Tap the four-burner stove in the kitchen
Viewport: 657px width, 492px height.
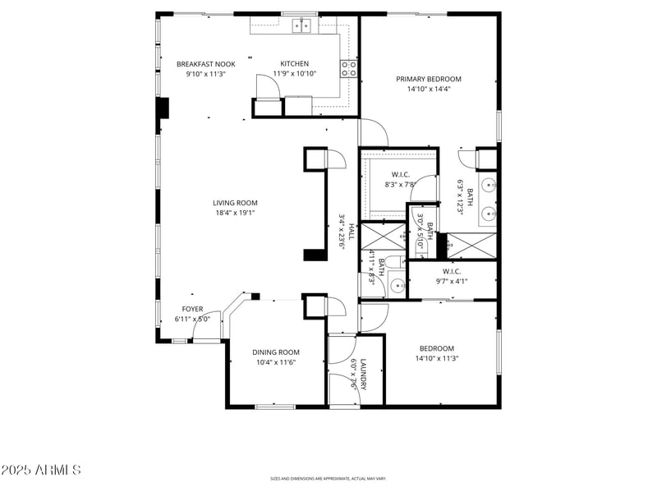[349, 68]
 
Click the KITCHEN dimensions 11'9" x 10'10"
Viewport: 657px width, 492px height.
[295, 73]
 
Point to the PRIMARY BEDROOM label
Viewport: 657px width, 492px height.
[429, 80]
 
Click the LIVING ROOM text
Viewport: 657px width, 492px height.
[236, 203]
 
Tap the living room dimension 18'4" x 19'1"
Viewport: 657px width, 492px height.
[236, 213]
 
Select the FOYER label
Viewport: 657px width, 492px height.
[192, 310]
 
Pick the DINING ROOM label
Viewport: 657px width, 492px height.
[275, 352]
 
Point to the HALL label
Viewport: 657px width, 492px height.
[351, 232]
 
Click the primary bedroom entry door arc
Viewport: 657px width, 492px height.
[374, 131]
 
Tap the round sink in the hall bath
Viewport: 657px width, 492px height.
[397, 286]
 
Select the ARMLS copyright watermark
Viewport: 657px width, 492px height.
[41, 471]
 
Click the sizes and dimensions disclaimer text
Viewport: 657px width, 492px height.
[328, 478]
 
